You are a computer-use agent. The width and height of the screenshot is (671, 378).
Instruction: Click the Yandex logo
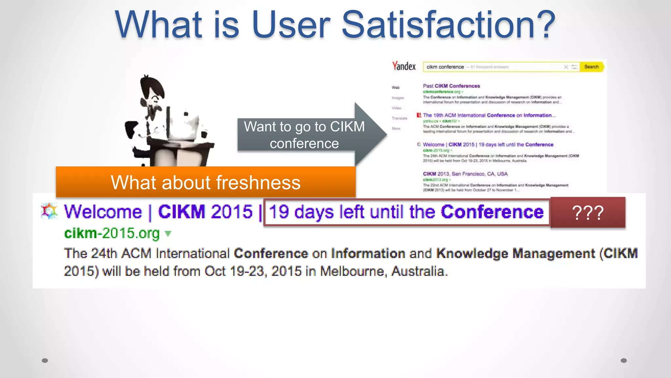click(404, 66)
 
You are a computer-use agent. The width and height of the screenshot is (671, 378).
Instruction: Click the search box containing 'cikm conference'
click(491, 67)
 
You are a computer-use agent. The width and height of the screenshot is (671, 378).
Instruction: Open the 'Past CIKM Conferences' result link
click(451, 86)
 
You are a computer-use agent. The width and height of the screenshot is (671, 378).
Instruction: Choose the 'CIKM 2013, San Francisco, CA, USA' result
click(465, 174)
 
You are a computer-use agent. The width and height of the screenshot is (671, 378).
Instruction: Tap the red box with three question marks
click(588, 213)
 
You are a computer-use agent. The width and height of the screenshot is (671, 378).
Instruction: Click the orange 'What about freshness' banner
click(205, 182)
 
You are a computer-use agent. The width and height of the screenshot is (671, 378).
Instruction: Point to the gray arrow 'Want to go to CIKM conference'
click(305, 135)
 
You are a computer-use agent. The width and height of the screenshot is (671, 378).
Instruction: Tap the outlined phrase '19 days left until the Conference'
click(406, 212)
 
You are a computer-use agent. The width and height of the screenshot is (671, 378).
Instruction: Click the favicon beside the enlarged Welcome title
click(49, 211)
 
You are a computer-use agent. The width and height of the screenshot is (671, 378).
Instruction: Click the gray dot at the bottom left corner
click(45, 361)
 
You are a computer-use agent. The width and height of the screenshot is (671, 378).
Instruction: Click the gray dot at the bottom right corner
click(624, 361)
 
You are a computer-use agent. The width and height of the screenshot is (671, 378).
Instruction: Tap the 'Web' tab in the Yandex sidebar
click(395, 88)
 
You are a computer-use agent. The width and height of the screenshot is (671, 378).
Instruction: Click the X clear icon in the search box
click(566, 67)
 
